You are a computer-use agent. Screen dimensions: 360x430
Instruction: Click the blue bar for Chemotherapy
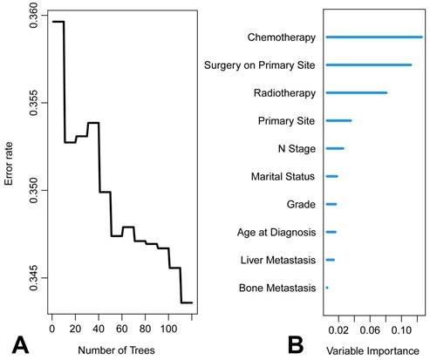click(373, 37)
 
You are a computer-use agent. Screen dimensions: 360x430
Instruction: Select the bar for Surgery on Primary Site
click(368, 65)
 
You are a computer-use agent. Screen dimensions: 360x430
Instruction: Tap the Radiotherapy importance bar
click(356, 92)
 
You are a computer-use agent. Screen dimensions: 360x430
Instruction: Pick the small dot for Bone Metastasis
click(327, 287)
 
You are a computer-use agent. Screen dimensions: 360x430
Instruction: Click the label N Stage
click(297, 148)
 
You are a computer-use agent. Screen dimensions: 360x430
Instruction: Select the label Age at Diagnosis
click(276, 232)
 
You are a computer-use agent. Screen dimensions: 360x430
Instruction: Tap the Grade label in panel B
click(300, 204)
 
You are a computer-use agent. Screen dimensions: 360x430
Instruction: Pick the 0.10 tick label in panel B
click(401, 331)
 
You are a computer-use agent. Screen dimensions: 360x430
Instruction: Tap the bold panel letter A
click(19, 343)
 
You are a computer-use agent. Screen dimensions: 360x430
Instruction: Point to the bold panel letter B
click(297, 343)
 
